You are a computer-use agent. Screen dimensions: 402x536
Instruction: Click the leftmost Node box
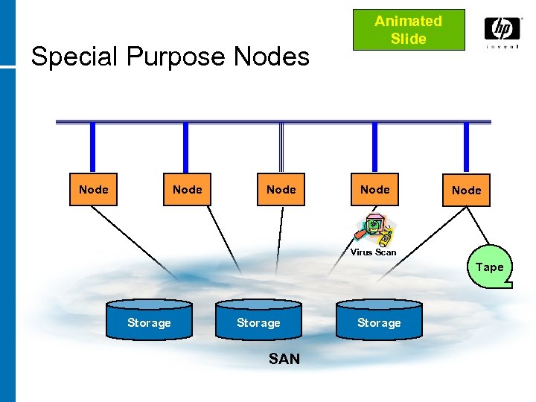click(x=94, y=190)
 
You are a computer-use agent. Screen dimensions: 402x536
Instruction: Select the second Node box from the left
click(x=187, y=190)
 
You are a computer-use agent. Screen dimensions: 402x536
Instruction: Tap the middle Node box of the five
click(x=281, y=190)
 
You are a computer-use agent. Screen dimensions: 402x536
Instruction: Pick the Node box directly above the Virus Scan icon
click(x=374, y=190)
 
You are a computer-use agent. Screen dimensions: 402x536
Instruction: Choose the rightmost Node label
click(x=467, y=191)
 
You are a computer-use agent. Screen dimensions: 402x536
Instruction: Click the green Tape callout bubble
click(x=489, y=267)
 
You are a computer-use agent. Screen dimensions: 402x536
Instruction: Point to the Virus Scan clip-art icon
click(x=374, y=230)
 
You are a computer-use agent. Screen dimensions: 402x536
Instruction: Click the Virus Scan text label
click(x=374, y=252)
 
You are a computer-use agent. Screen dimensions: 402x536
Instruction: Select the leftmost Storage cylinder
click(x=149, y=321)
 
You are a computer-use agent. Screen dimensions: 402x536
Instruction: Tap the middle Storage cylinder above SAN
click(x=258, y=321)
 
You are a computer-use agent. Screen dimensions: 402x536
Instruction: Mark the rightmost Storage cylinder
click(x=379, y=321)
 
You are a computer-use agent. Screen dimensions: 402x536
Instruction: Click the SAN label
click(x=284, y=359)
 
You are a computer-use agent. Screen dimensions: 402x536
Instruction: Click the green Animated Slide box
click(x=408, y=30)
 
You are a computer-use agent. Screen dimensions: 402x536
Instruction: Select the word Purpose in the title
click(x=170, y=57)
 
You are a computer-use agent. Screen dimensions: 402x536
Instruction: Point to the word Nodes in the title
click(x=272, y=57)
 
